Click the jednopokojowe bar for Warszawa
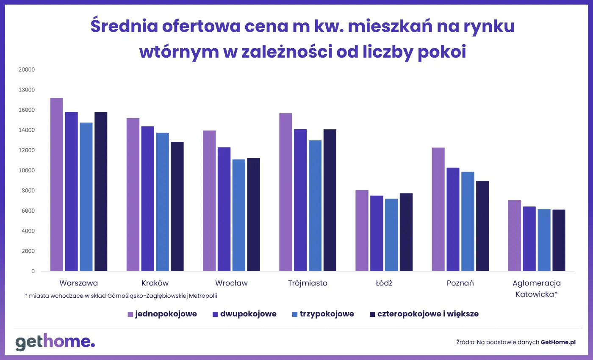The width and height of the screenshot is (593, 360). [x=57, y=185]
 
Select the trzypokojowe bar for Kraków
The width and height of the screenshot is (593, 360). [x=162, y=202]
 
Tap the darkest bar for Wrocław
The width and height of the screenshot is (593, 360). [x=253, y=214]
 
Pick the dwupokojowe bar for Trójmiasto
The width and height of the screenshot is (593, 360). [x=300, y=200]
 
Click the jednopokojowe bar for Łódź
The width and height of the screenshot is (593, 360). [x=362, y=230]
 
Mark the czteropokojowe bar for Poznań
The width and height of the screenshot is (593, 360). [x=482, y=226]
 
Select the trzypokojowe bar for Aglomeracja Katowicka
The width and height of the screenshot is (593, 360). [x=544, y=240]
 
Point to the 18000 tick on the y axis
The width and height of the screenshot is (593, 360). [x=27, y=90]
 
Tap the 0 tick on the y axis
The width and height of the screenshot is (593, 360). [x=33, y=271]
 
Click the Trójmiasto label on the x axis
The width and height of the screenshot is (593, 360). [x=308, y=283]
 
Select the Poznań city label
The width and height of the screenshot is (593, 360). [x=460, y=283]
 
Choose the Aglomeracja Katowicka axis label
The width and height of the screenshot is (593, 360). [x=536, y=288]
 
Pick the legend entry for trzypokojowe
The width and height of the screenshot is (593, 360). [x=323, y=314]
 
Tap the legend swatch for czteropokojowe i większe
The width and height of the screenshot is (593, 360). [x=373, y=314]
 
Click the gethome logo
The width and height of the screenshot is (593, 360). [x=55, y=342]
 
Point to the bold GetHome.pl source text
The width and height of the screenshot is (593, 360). [x=558, y=342]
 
